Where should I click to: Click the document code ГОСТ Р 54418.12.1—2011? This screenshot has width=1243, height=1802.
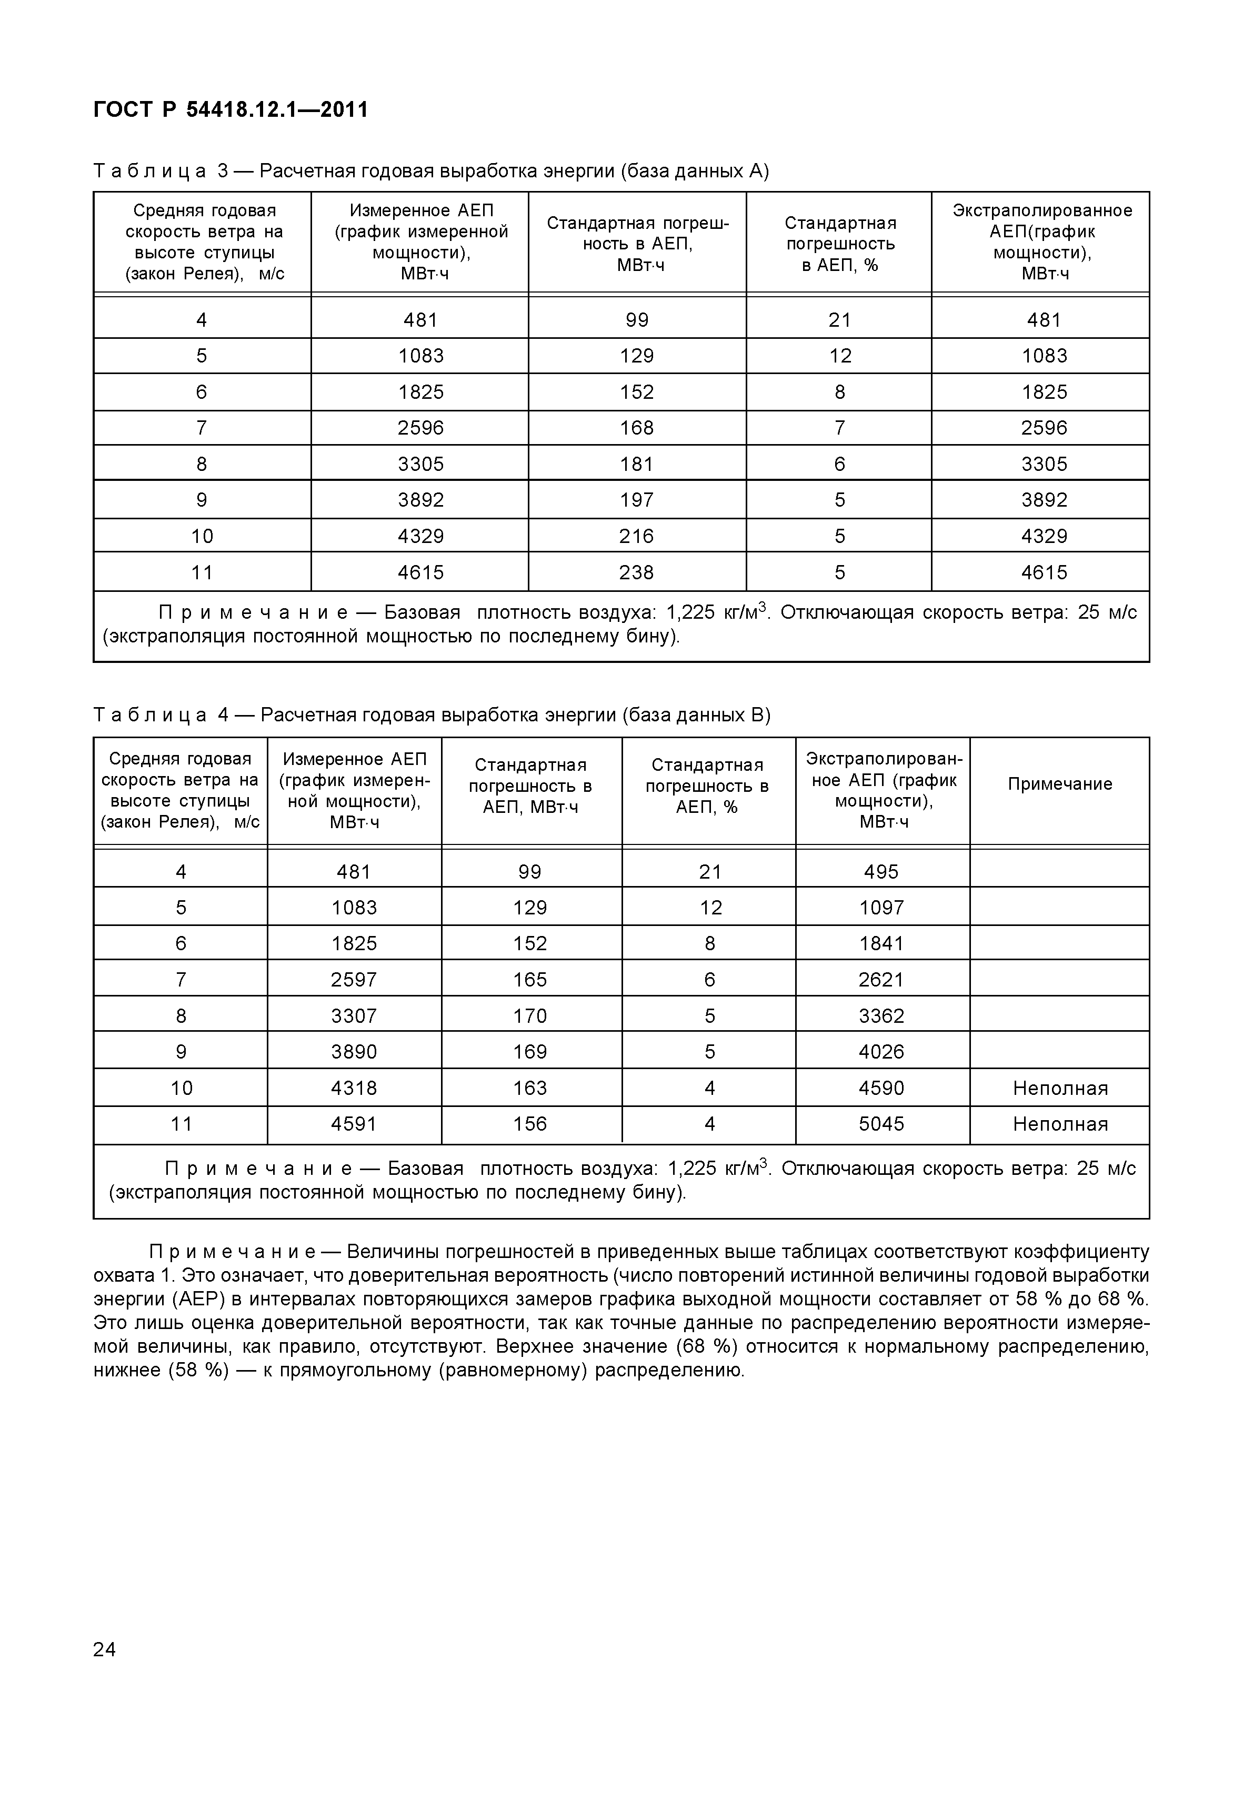[x=230, y=110]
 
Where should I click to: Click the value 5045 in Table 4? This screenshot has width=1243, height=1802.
[x=881, y=1124]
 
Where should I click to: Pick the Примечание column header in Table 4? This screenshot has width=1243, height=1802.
[x=1059, y=784]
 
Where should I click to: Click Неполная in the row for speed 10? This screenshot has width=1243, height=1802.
[x=1059, y=1088]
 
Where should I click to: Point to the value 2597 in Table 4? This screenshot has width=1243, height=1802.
[x=354, y=980]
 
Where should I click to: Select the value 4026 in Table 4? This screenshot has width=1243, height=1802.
[x=881, y=1052]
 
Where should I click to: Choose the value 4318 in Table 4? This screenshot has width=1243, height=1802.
[x=354, y=1088]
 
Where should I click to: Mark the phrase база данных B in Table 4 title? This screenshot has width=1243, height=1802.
[x=696, y=715]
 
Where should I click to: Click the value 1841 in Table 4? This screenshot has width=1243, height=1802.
[x=881, y=944]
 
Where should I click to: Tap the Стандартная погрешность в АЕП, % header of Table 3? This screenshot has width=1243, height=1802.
[x=839, y=244]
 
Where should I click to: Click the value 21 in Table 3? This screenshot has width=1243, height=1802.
[x=839, y=320]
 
